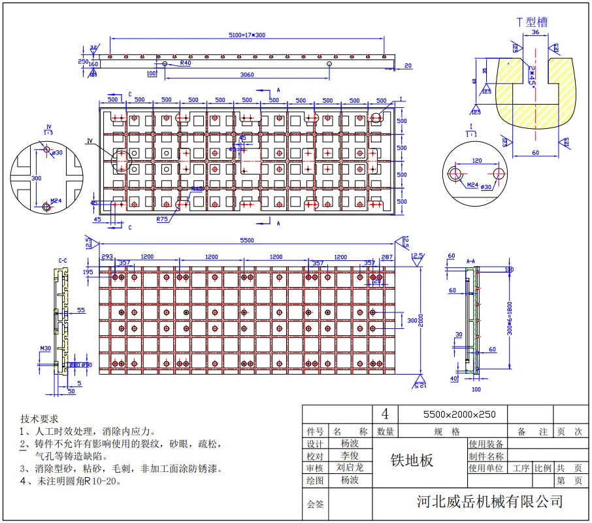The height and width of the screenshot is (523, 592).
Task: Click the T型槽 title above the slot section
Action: click(x=532, y=22)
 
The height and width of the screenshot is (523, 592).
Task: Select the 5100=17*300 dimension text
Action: click(x=246, y=34)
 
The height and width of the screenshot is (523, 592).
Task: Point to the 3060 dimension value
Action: click(x=247, y=75)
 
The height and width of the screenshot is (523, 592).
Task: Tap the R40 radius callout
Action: click(x=185, y=63)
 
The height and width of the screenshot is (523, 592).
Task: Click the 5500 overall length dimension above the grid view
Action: click(x=246, y=241)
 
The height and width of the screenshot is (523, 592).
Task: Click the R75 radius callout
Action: click(x=163, y=220)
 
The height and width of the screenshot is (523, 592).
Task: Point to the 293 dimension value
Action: click(x=107, y=256)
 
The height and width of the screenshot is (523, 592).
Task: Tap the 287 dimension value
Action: click(x=386, y=256)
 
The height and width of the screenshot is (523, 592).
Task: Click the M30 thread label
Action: click(x=46, y=348)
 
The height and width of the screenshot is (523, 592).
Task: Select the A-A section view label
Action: click(x=470, y=261)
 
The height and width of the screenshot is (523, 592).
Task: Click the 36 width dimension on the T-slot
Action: click(x=535, y=32)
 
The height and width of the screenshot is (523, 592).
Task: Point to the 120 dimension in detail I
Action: click(x=476, y=161)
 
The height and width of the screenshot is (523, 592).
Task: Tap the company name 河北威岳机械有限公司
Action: click(x=489, y=501)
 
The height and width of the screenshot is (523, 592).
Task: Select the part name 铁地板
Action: click(x=412, y=460)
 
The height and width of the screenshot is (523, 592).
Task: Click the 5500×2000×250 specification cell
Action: click(x=452, y=414)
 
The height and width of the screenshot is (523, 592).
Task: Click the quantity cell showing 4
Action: click(x=385, y=414)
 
